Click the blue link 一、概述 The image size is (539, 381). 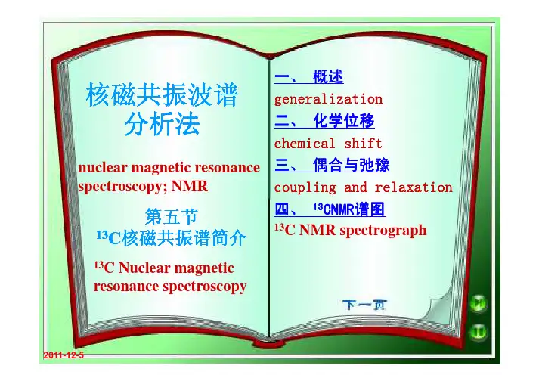308,76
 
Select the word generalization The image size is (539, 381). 328,100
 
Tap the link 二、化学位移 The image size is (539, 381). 324,121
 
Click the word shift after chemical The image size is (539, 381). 363,144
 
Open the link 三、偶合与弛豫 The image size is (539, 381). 332,165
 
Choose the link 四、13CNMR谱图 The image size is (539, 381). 330,209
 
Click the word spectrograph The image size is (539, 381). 383,231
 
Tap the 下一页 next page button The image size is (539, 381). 364,305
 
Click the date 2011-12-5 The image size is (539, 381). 64,355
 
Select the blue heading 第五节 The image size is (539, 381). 171,216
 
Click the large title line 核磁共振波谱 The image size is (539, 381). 162,95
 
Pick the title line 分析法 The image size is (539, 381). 162,124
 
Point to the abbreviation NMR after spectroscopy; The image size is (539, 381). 190,187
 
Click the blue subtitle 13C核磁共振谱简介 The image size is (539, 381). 171,238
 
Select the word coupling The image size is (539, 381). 305,188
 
